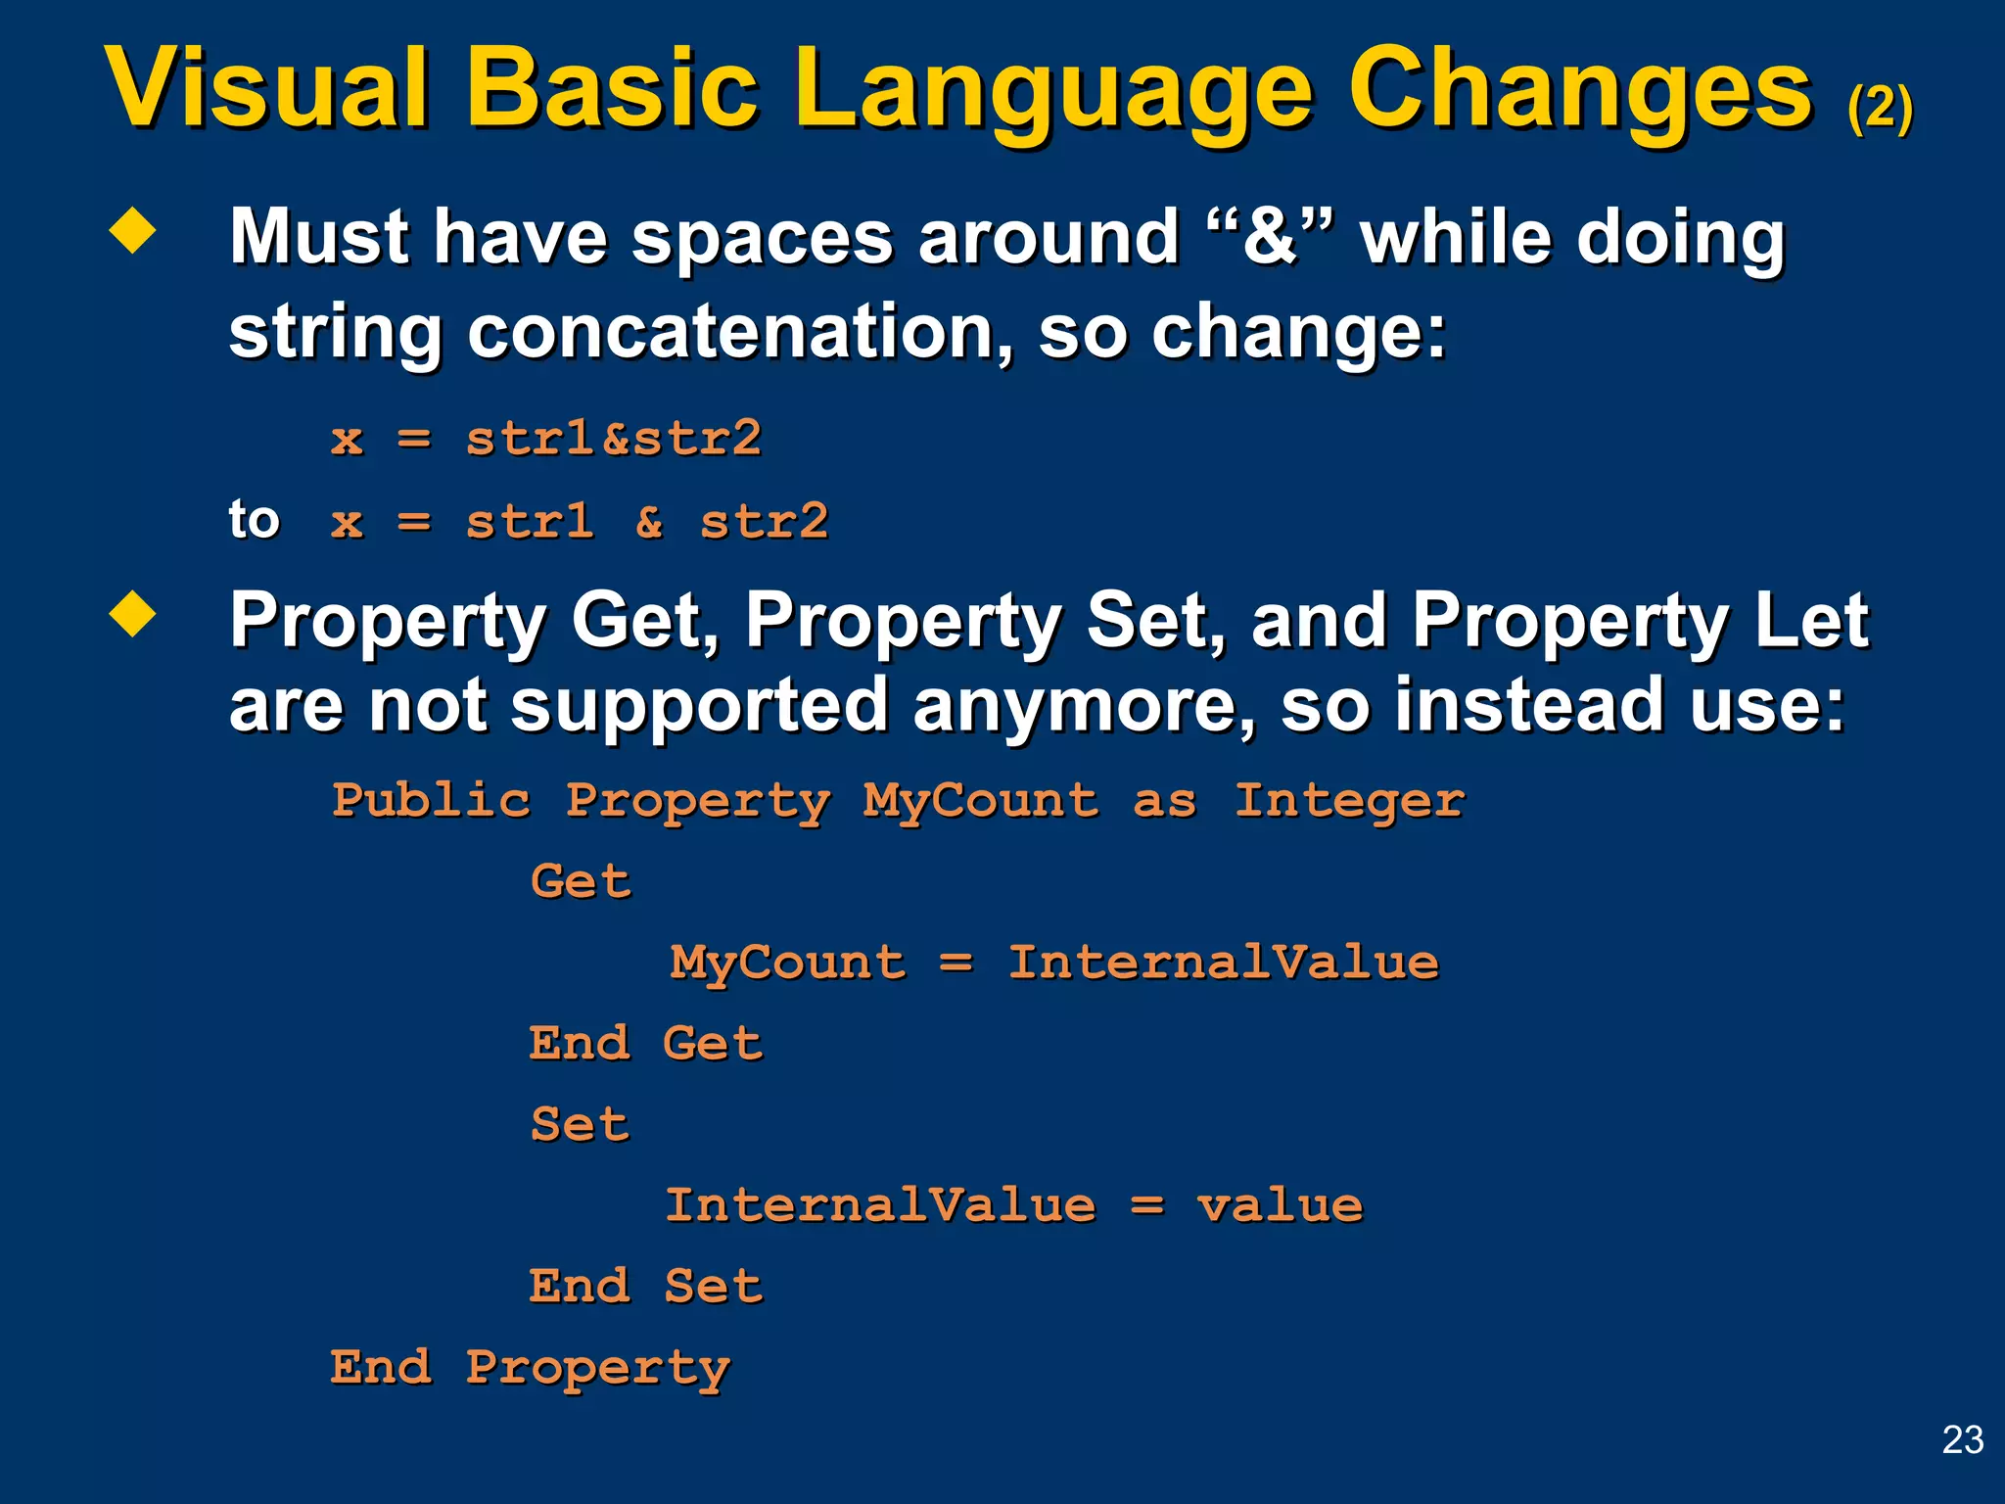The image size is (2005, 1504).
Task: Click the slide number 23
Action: click(1962, 1439)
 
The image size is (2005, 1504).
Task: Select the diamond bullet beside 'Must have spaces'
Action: click(133, 232)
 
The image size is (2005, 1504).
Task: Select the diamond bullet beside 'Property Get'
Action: click(133, 615)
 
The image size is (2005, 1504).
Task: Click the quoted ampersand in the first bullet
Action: click(1270, 237)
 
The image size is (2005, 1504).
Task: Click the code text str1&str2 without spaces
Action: click(613, 438)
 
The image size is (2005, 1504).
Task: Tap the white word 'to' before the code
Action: click(254, 519)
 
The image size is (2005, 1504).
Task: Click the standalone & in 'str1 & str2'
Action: click(648, 521)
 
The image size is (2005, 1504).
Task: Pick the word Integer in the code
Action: click(1349, 801)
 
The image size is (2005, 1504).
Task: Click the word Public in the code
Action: click(431, 800)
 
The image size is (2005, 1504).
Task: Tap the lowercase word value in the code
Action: click(1280, 1205)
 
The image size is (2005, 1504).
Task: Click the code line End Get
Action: click(645, 1043)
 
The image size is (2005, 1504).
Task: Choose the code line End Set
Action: click(645, 1286)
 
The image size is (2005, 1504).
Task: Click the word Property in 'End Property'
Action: click(597, 1368)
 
